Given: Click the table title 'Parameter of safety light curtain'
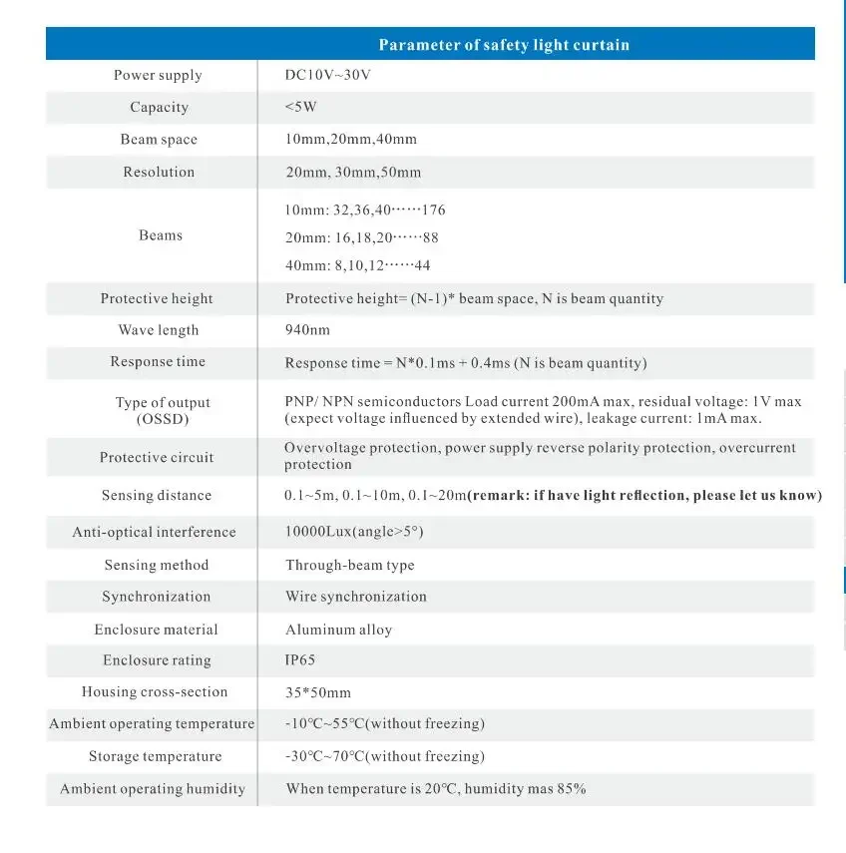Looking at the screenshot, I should pyautogui.click(x=503, y=45).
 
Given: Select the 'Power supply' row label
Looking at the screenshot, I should pyautogui.click(x=158, y=76).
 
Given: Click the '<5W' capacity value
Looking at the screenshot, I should pyautogui.click(x=300, y=108).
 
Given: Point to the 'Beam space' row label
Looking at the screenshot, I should pyautogui.click(x=159, y=140).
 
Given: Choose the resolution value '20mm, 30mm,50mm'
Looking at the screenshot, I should pyautogui.click(x=353, y=173).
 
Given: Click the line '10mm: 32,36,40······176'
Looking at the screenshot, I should pyautogui.click(x=365, y=211).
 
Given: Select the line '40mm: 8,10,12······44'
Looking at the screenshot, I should pyautogui.click(x=357, y=265).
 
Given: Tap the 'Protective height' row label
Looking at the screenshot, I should pyautogui.click(x=157, y=299).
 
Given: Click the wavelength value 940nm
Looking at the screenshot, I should pyautogui.click(x=307, y=330).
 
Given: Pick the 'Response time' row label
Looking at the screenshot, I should pyautogui.click(x=158, y=362).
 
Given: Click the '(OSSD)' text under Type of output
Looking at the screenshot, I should pyautogui.click(x=162, y=419).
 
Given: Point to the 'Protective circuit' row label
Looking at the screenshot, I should pyautogui.click(x=157, y=457).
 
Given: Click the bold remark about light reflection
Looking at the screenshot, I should pyautogui.click(x=644, y=496).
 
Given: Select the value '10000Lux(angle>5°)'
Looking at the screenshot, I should pyautogui.click(x=354, y=533).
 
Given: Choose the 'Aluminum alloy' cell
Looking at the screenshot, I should pyautogui.click(x=338, y=631).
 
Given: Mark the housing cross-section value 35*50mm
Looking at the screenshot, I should pyautogui.click(x=317, y=692).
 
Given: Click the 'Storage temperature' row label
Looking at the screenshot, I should pyautogui.click(x=155, y=756).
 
